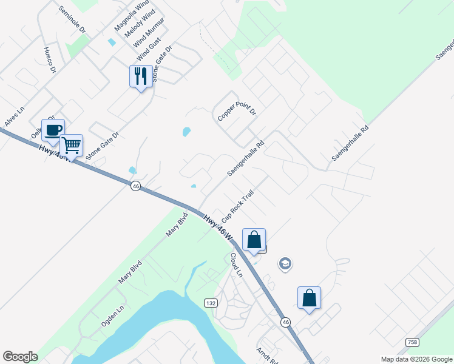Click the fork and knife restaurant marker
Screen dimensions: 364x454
coord(140,76)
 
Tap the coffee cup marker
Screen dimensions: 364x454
coord(53,130)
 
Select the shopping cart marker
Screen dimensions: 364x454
coord(71,146)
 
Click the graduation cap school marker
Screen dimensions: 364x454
coord(285,264)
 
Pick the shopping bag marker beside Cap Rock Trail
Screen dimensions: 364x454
coord(254,240)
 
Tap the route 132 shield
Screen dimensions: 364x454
coord(210,303)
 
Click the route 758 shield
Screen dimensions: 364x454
coord(412,342)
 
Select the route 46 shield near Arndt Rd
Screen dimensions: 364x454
coord(285,322)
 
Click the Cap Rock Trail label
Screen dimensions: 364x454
coord(237,206)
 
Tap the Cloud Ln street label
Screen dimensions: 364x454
coord(235,265)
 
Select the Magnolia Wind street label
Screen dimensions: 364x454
coord(131,18)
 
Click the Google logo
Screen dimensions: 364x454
coord(20,357)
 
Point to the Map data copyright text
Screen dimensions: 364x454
coord(416,359)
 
